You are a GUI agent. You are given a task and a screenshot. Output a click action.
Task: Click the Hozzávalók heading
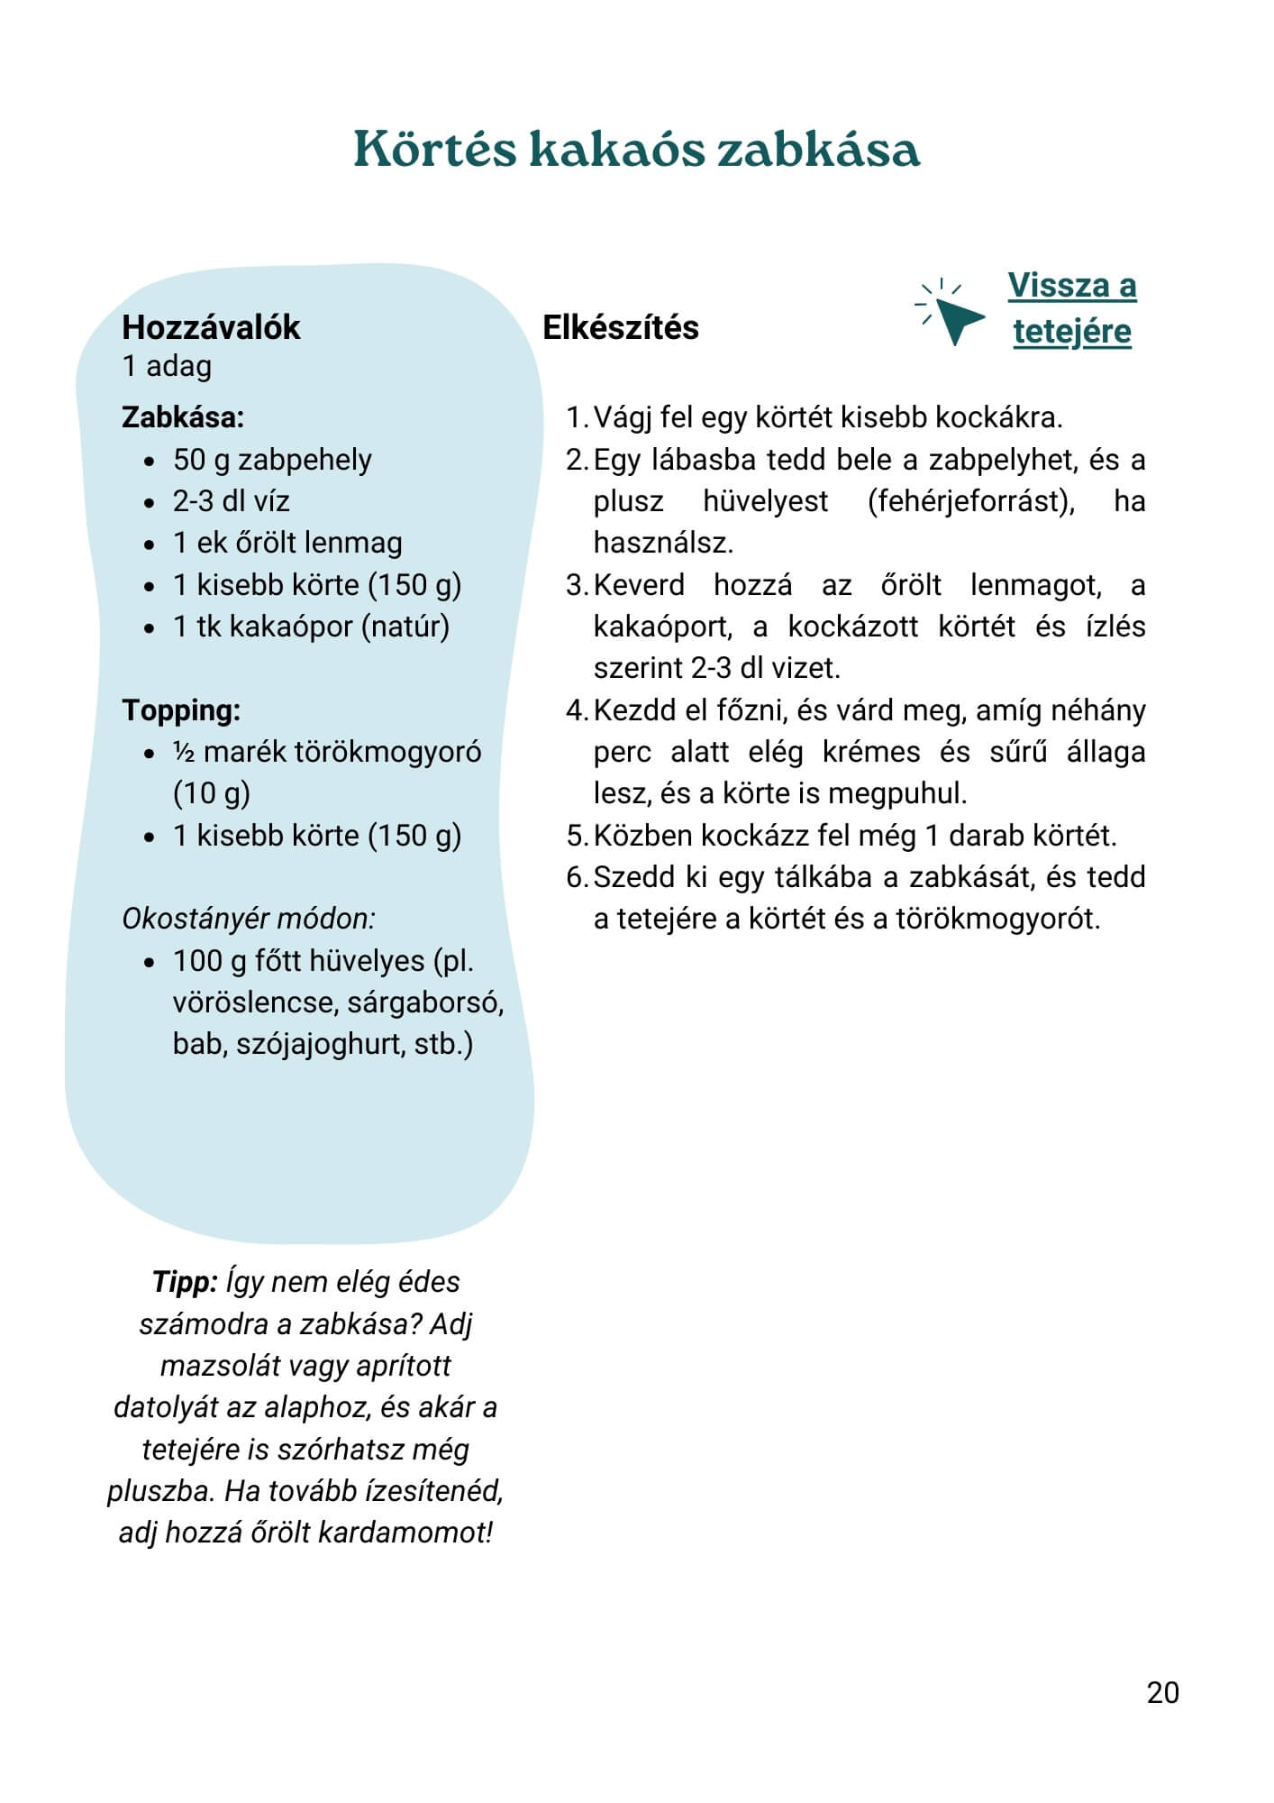tap(211, 327)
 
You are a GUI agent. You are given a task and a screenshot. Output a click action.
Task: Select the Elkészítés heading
tap(620, 327)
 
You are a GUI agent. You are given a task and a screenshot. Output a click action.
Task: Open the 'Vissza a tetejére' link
tap(1071, 308)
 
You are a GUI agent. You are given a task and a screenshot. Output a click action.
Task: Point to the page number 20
tap(1162, 1692)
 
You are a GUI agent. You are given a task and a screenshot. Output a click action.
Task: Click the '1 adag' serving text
tap(167, 366)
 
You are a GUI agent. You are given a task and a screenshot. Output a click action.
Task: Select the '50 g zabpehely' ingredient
tap(272, 460)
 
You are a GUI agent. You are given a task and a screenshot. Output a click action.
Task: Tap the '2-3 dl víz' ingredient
tap(232, 501)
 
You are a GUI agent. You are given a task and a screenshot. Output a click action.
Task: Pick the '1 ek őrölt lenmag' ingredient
tap(287, 543)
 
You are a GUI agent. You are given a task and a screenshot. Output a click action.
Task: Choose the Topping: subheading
tap(181, 710)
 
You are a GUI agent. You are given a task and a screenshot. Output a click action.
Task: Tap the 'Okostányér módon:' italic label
tap(249, 919)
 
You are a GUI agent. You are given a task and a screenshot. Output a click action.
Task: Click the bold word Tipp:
tap(185, 1282)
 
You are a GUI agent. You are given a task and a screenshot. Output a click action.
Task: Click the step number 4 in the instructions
tap(576, 710)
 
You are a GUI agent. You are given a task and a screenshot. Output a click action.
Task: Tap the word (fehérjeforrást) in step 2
tap(971, 501)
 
